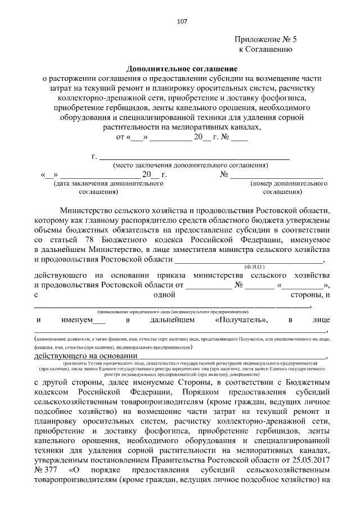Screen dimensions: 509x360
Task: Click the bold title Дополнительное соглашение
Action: point(181,67)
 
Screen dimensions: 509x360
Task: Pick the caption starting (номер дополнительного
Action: point(289,183)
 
